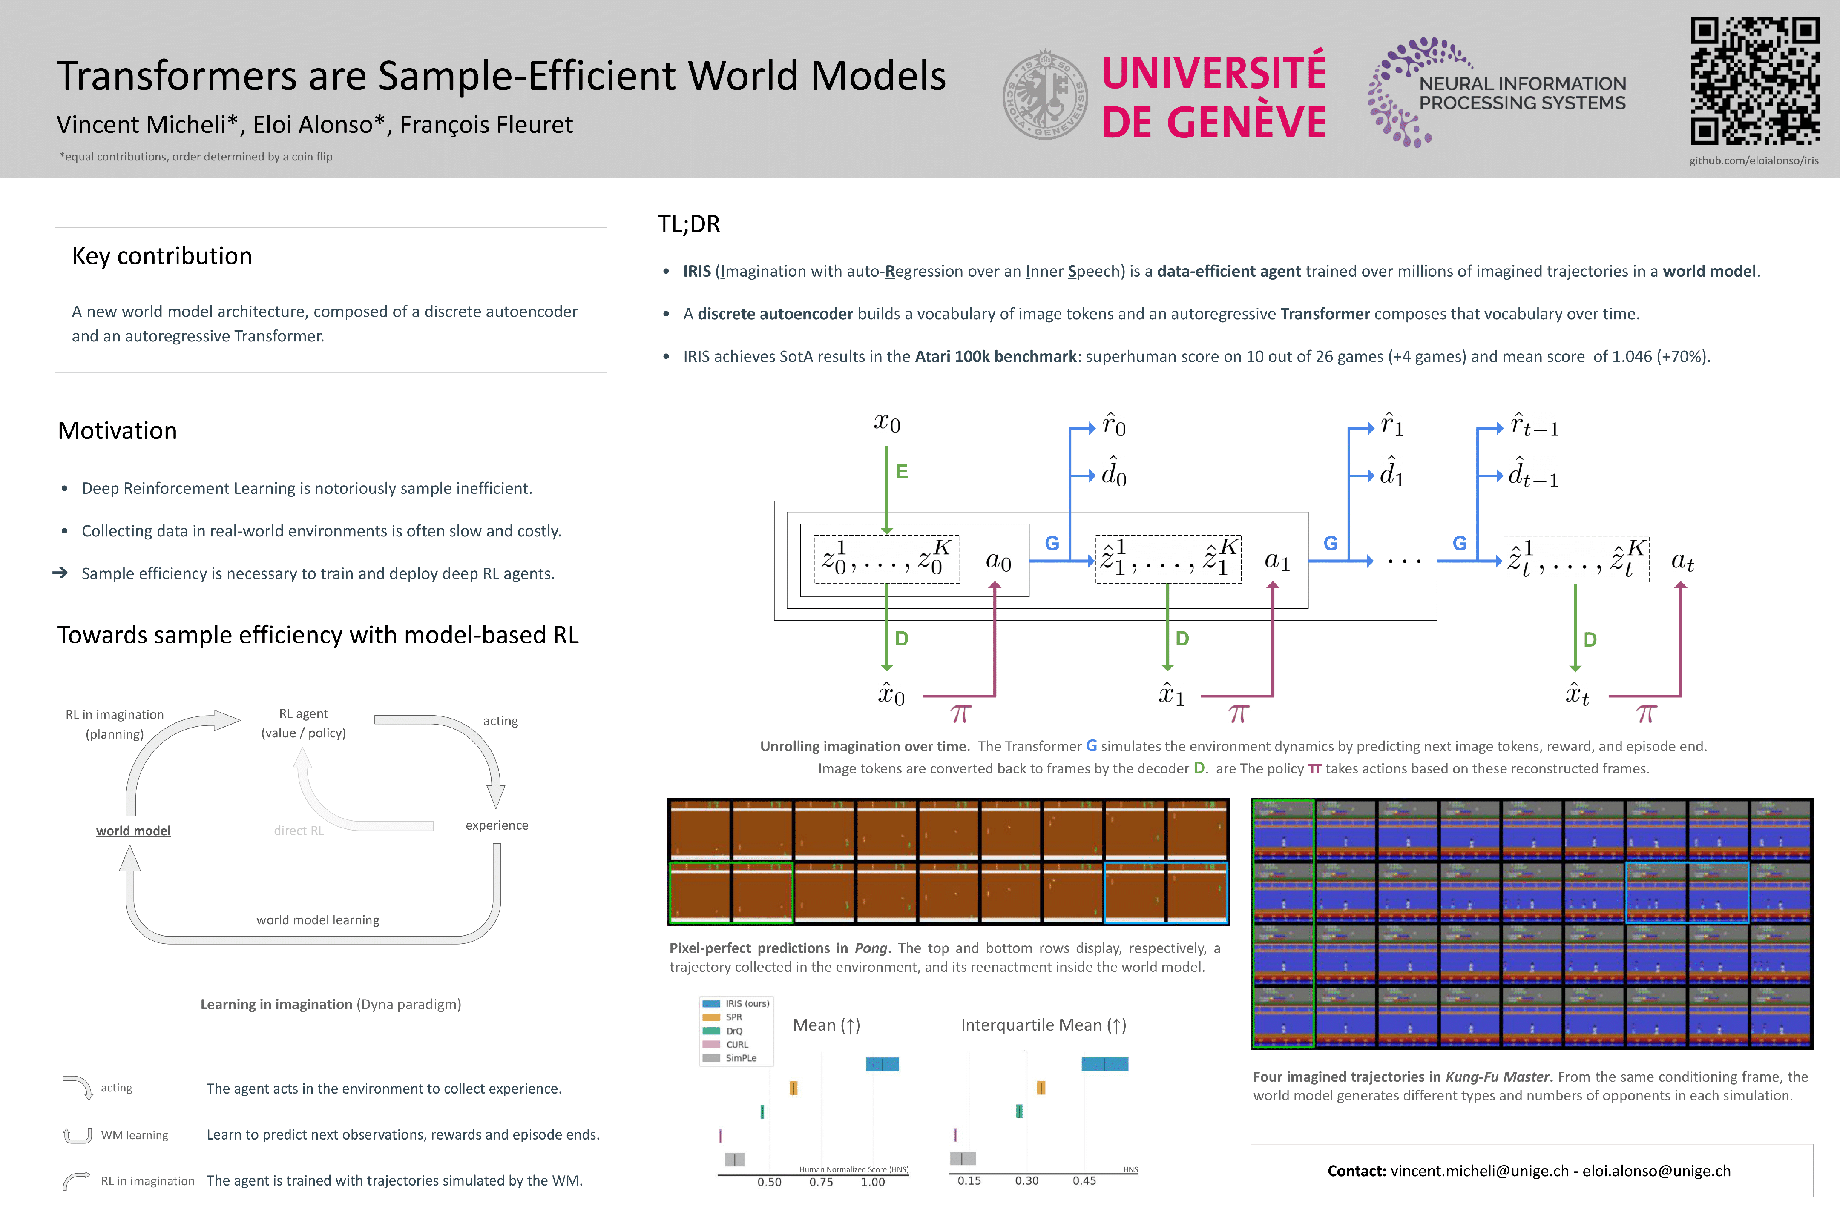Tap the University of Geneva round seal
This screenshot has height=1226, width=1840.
(1045, 95)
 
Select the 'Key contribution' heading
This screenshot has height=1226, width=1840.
(162, 256)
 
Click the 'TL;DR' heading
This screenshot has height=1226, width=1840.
(688, 224)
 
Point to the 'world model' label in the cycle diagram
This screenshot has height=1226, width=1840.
(133, 831)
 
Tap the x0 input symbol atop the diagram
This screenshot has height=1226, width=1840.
(887, 423)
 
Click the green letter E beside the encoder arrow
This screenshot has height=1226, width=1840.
(901, 472)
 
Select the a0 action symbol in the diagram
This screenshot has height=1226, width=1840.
(998, 561)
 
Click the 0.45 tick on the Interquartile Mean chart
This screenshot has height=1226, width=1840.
(1084, 1180)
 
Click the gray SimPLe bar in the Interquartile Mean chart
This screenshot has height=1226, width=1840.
(963, 1158)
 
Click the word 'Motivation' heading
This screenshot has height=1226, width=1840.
(118, 431)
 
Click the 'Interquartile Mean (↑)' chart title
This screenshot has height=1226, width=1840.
(1043, 1025)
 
